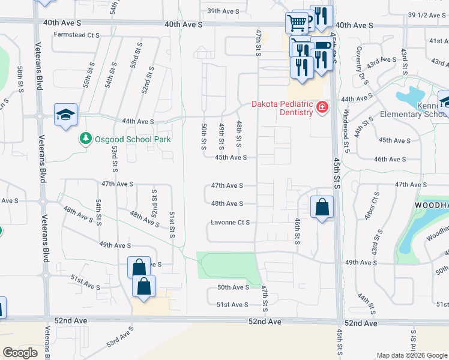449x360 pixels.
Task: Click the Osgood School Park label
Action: click(x=132, y=139)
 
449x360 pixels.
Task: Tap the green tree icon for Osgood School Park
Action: click(x=86, y=139)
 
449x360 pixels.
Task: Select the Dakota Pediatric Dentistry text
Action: click(x=282, y=108)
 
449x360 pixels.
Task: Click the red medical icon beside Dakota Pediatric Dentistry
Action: click(x=322, y=108)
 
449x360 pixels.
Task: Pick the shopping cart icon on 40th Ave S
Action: click(x=297, y=23)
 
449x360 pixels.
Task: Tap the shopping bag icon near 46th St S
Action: click(x=322, y=208)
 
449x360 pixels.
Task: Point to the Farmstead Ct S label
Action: click(x=76, y=35)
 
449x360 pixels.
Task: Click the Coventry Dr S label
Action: click(x=361, y=64)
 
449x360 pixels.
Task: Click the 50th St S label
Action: click(x=204, y=137)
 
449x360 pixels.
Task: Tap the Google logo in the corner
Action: click(x=20, y=353)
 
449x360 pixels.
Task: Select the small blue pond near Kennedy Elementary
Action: click(x=411, y=96)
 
